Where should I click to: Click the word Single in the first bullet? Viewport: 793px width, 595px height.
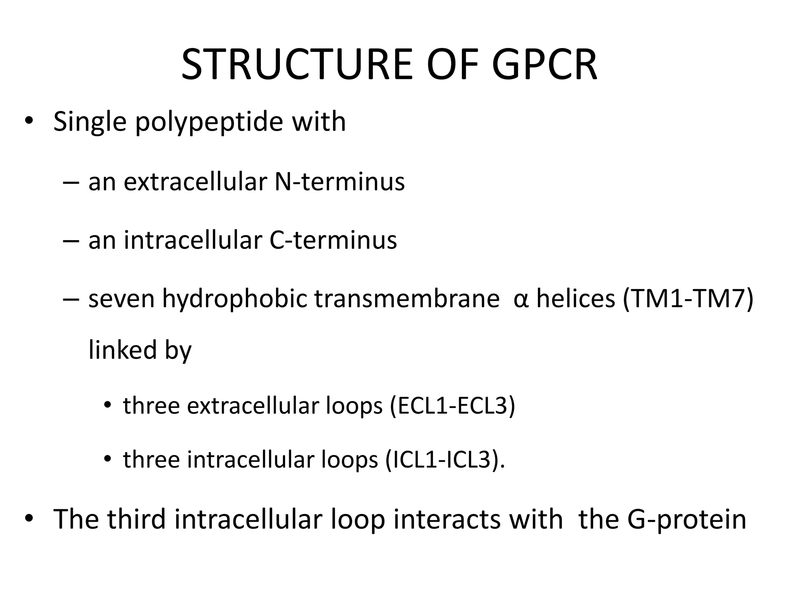[90, 122]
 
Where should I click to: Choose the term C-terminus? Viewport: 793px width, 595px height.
[333, 240]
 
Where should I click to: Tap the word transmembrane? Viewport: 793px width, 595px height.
[407, 299]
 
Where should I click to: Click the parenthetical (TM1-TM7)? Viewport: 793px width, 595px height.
[688, 299]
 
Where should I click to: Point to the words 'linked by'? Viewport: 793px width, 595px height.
[140, 350]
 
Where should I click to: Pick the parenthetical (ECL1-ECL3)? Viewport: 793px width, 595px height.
[452, 406]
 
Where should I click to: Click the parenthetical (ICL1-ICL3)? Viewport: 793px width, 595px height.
[445, 460]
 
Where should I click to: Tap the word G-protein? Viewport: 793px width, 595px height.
[686, 519]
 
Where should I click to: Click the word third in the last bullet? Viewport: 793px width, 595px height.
[136, 519]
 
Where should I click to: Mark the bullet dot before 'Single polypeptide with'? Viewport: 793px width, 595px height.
[29, 121]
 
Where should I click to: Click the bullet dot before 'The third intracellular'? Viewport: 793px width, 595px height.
[29, 518]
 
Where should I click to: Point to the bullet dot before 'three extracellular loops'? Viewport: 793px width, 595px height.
[107, 405]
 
